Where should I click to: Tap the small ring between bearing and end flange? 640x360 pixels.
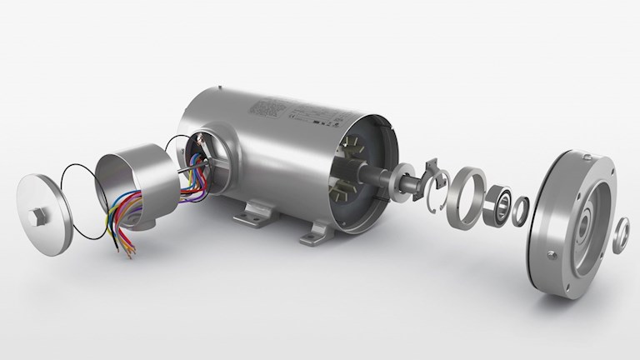(x=520, y=211)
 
